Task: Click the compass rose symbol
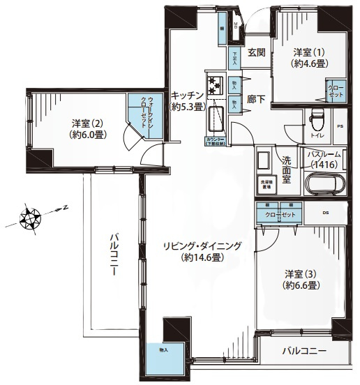(x=30, y=218)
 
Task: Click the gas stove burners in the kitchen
(x=216, y=84)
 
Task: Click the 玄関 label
(x=256, y=52)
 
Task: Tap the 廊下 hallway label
(x=256, y=100)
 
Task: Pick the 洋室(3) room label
(x=301, y=279)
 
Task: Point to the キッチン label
(x=186, y=101)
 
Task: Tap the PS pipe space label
(x=340, y=127)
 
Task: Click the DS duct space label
(x=325, y=213)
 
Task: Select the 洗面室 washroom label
(x=286, y=169)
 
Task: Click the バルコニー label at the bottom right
(x=305, y=351)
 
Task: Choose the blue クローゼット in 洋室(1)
(x=336, y=91)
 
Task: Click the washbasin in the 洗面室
(x=264, y=162)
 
